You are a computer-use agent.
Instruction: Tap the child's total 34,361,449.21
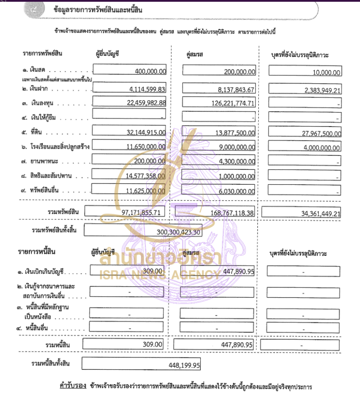(x=317, y=213)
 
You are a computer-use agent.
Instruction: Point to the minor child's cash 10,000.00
(x=324, y=72)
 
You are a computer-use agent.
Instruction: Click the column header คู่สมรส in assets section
(x=194, y=54)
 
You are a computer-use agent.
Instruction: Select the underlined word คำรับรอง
(x=72, y=386)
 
